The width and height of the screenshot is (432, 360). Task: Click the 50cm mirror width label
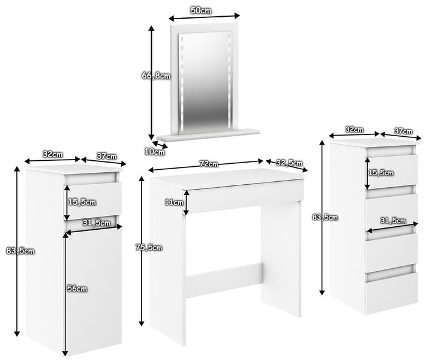[x=201, y=10]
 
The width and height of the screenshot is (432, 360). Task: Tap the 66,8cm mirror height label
[x=156, y=76]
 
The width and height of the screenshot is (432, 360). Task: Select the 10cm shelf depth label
[x=155, y=151]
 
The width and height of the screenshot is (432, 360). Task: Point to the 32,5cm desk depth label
[x=289, y=163]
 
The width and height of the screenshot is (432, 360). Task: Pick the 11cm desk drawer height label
[x=174, y=202]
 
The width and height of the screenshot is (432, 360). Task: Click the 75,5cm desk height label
[x=149, y=248]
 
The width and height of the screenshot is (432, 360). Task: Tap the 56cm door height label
[x=77, y=289]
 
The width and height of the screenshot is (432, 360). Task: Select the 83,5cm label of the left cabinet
[x=20, y=251]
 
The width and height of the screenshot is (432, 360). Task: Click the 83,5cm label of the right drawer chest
[x=325, y=217]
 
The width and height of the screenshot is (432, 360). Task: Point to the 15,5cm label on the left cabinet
[x=82, y=202]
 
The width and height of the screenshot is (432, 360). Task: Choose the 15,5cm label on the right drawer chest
[x=381, y=173]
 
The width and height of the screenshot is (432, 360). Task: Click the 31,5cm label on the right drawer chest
[x=393, y=221]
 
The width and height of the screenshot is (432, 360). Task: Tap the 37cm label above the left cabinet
[x=107, y=156]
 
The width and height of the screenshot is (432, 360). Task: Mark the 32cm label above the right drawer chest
[x=355, y=129]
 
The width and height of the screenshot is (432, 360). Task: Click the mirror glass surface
[x=205, y=81]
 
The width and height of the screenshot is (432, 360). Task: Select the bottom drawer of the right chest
[x=391, y=293]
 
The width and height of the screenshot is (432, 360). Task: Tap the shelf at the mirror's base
[x=208, y=134]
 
